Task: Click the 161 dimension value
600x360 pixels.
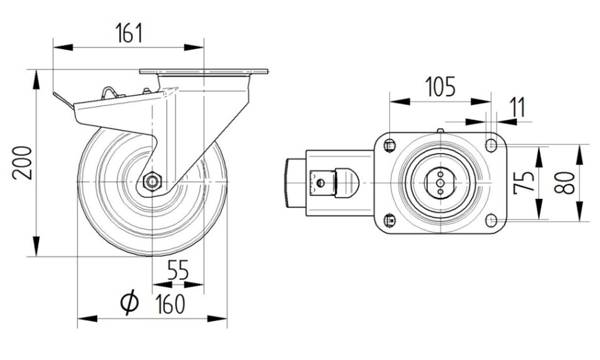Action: pyautogui.click(x=129, y=33)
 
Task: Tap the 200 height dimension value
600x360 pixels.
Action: pyautogui.click(x=22, y=163)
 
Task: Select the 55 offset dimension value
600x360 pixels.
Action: pyautogui.click(x=178, y=270)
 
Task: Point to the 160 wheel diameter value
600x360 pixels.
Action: pyautogui.click(x=170, y=304)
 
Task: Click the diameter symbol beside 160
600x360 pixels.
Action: pyautogui.click(x=129, y=302)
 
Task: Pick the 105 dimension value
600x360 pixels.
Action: pyautogui.click(x=440, y=86)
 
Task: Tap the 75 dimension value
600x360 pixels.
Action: pyautogui.click(x=524, y=182)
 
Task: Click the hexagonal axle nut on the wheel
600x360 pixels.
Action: pyautogui.click(x=152, y=181)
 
